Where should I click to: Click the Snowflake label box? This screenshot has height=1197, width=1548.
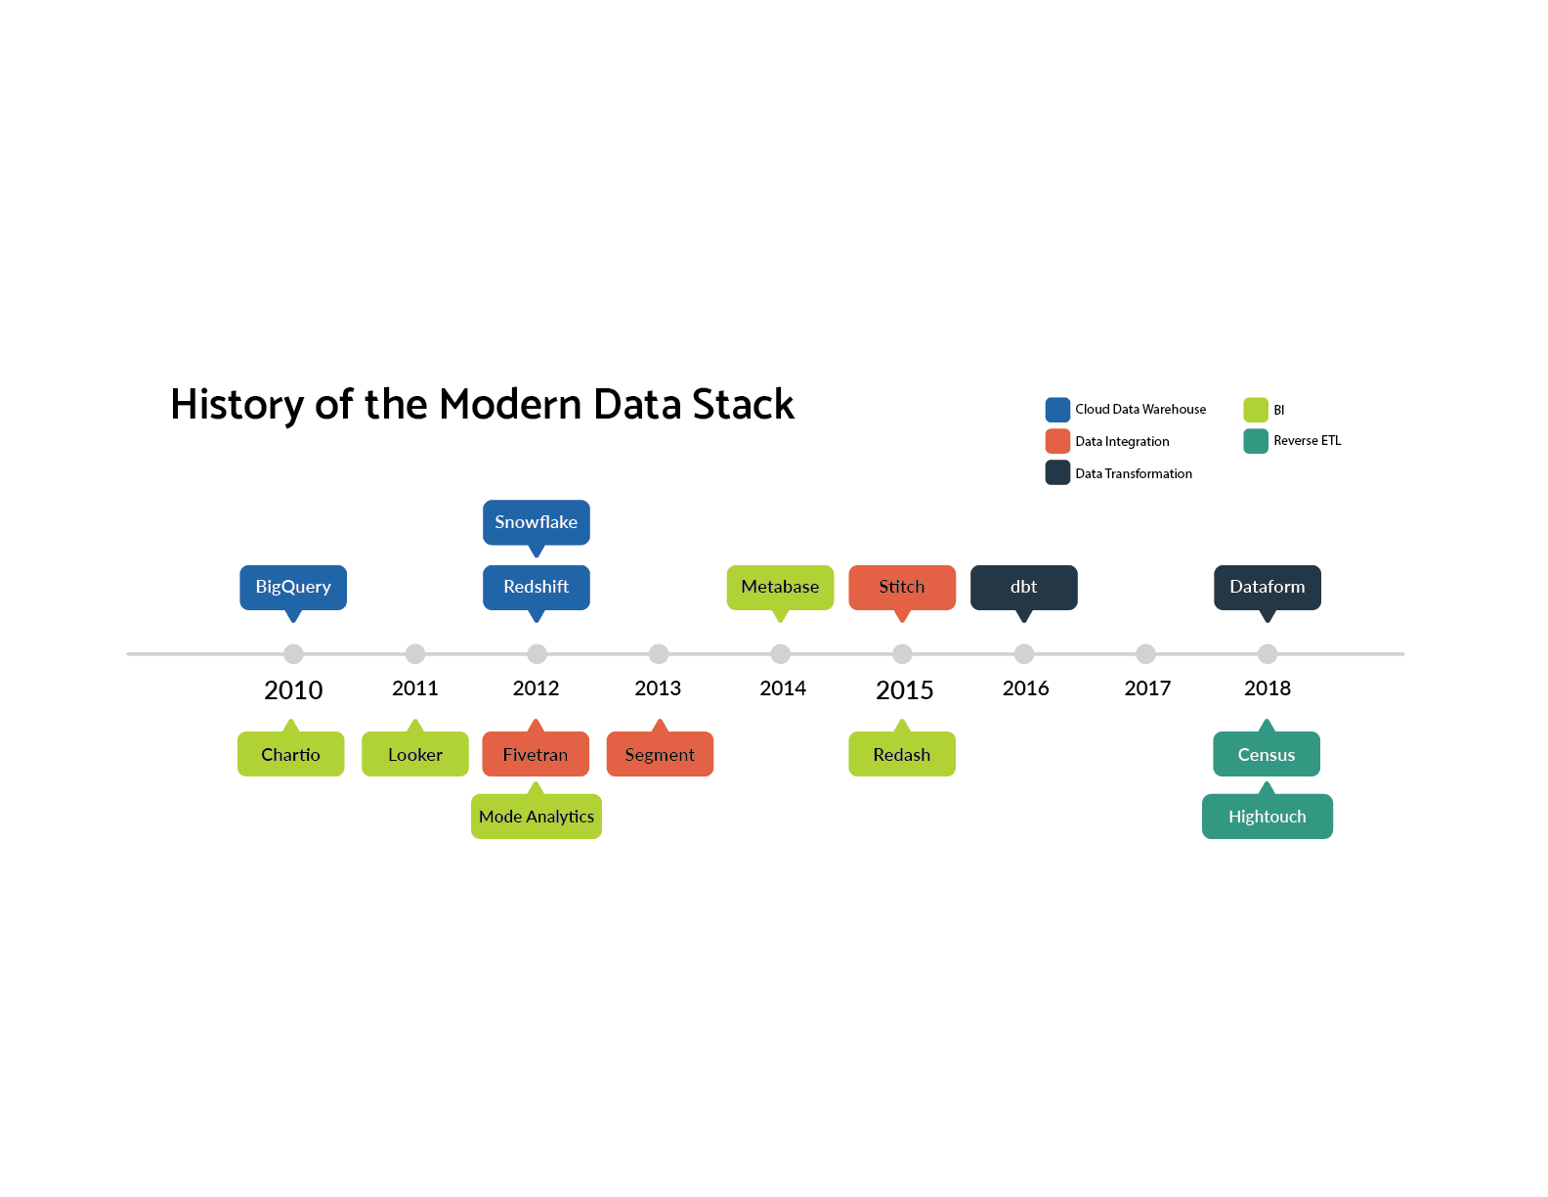[x=536, y=522]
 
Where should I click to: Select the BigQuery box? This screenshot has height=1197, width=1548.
[x=293, y=588]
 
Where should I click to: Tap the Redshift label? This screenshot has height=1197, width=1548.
[x=536, y=588]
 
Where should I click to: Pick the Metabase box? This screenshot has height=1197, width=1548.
[x=780, y=588]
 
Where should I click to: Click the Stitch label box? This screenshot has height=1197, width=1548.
[x=902, y=588]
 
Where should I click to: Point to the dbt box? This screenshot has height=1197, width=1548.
[x=1023, y=588]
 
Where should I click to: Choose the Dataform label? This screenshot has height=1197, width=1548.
[x=1268, y=588]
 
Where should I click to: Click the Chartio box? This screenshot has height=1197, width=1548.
[x=290, y=754]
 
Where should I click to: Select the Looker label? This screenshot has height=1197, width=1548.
[x=415, y=754]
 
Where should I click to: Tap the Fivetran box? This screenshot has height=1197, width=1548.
[x=536, y=754]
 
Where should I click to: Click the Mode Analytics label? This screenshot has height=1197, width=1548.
[x=537, y=817]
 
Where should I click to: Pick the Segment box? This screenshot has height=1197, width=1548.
[x=660, y=754]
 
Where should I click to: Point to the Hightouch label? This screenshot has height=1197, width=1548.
[x=1268, y=817]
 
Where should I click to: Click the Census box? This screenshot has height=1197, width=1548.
[x=1267, y=754]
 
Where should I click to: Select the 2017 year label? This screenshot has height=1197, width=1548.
[x=1147, y=687]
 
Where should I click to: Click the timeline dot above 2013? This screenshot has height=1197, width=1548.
[x=659, y=653]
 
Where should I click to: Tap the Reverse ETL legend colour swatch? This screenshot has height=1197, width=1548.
[x=1255, y=441]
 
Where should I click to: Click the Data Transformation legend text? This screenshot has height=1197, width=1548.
[x=1133, y=473]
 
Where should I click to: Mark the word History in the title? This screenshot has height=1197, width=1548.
[x=237, y=405]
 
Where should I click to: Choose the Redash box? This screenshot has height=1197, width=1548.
[x=902, y=754]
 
